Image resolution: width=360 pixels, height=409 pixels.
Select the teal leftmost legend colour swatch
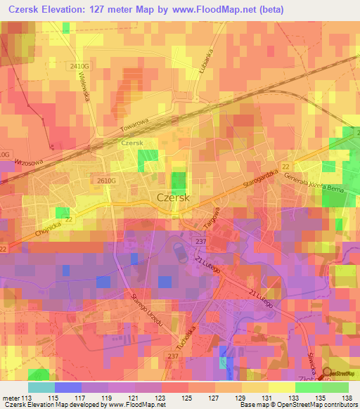(x=41, y=387)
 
